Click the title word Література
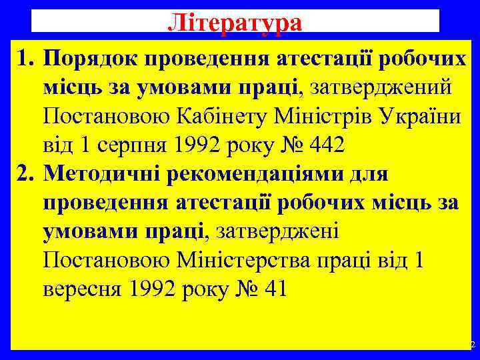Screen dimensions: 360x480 pos(235,22)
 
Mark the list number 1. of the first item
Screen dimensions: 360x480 pos(26,61)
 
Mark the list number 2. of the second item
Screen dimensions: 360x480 pos(26,173)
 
